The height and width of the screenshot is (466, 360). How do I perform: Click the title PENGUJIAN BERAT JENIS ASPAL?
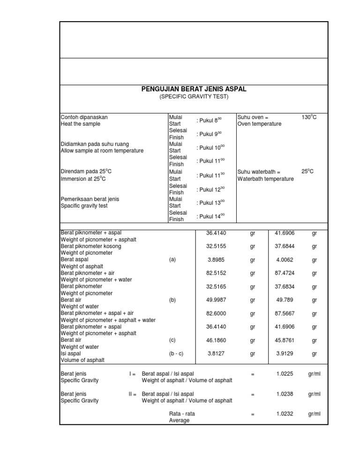coord(193,89)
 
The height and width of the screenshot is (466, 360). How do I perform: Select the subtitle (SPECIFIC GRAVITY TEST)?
coord(193,97)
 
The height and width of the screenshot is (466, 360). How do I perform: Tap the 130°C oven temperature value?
coord(308,116)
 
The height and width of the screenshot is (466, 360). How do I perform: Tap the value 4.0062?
coord(282,259)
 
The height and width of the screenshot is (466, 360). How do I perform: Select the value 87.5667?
coord(282,314)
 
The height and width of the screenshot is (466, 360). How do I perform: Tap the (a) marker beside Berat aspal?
coord(173,259)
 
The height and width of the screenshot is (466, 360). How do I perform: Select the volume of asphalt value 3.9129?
coord(282,354)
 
